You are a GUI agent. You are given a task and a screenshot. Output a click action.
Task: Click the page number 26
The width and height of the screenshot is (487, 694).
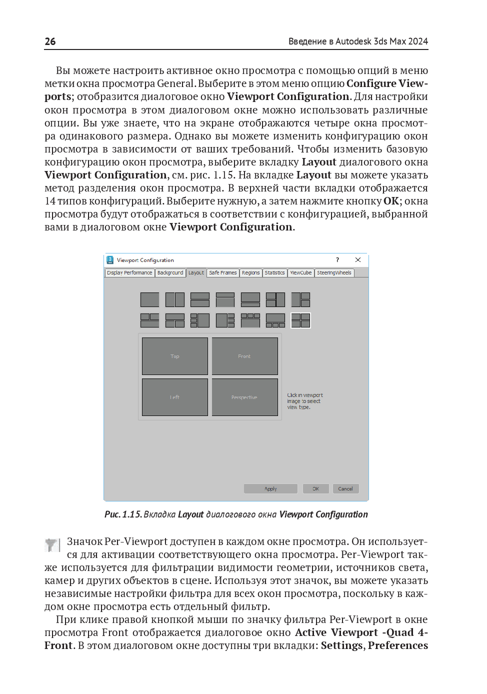click(x=50, y=41)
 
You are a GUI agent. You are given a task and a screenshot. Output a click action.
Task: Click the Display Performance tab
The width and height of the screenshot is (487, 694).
click(x=129, y=273)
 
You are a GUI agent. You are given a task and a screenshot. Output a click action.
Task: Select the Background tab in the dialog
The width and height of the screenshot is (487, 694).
click(x=170, y=273)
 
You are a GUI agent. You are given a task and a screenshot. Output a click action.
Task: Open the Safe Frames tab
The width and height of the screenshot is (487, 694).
click(x=223, y=273)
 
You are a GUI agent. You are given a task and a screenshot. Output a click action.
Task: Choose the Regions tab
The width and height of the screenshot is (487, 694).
click(x=250, y=273)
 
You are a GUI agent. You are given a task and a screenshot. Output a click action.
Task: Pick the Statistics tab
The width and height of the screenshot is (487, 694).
click(x=274, y=273)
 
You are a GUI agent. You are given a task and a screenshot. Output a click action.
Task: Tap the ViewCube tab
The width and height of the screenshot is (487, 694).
click(x=301, y=273)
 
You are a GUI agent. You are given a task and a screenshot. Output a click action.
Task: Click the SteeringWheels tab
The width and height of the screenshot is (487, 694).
click(x=334, y=273)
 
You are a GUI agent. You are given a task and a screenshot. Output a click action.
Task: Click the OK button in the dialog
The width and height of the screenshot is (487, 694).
click(x=316, y=489)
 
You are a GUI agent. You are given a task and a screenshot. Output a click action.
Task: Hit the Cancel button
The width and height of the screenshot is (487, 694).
click(x=345, y=489)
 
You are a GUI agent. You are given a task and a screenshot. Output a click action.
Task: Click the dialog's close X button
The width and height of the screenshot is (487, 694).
click(x=358, y=260)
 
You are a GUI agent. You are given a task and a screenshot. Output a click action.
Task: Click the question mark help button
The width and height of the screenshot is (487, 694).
click(x=337, y=260)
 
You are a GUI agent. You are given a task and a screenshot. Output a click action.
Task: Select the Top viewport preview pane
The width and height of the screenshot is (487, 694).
click(x=175, y=356)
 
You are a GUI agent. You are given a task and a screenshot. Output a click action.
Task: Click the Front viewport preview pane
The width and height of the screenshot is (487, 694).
click(x=244, y=356)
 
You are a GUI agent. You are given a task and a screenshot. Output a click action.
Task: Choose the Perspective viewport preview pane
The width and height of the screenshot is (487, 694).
click(x=244, y=397)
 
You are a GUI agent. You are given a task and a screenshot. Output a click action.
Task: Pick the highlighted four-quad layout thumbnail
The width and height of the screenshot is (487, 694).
click(x=300, y=320)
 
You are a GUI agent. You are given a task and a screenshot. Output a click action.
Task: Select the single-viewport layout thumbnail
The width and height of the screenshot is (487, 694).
click(x=149, y=299)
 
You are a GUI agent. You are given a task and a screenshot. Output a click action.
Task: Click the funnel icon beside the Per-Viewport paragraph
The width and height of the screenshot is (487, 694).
click(x=51, y=544)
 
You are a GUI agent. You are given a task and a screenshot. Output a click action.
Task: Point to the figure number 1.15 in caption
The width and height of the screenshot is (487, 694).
click(x=132, y=514)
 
